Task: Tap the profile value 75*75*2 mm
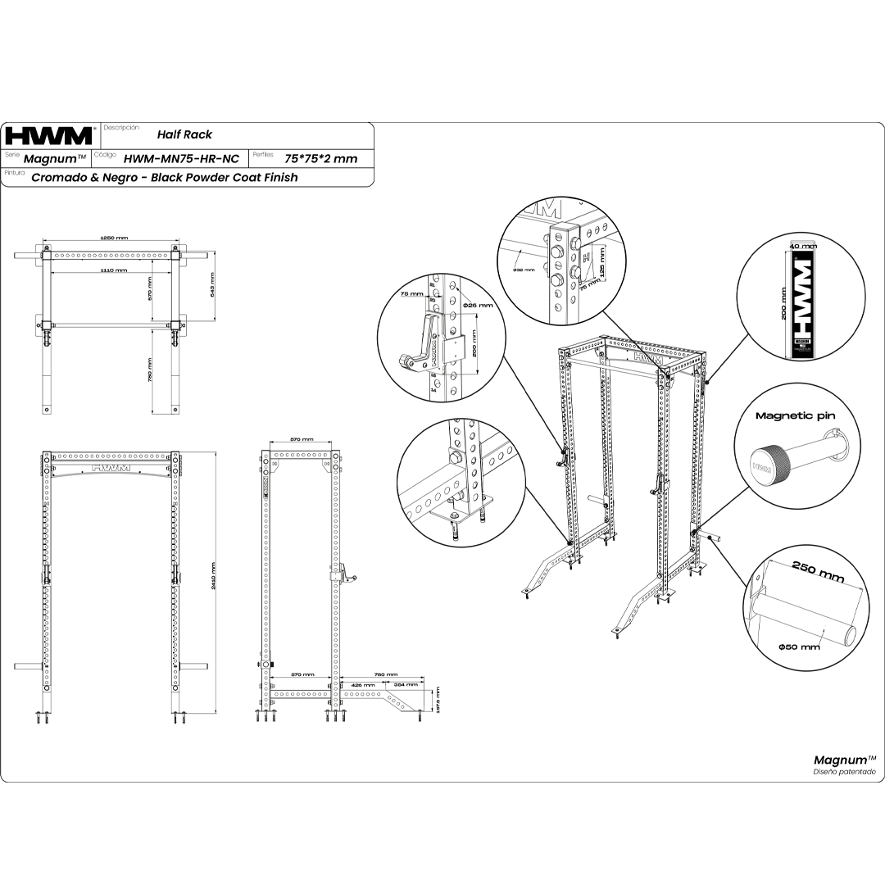tap(320, 158)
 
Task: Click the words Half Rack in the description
tap(184, 134)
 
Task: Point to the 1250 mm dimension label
tap(114, 238)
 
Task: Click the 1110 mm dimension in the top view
tap(114, 270)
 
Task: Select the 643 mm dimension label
tap(211, 286)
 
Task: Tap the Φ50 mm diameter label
tap(799, 647)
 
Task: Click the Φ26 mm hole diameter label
tap(478, 305)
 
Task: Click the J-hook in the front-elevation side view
tap(347, 573)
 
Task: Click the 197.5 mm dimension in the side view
tap(438, 701)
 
